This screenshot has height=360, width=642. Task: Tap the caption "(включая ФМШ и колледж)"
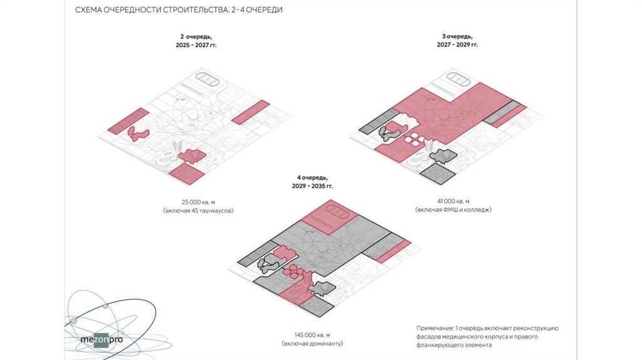[x=453, y=209]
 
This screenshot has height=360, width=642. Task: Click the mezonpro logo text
[x=102, y=339]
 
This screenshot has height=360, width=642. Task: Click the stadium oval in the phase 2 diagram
[x=209, y=78]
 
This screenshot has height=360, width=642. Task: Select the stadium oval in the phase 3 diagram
[x=458, y=78]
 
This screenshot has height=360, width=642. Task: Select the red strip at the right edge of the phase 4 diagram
[x=392, y=251]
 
